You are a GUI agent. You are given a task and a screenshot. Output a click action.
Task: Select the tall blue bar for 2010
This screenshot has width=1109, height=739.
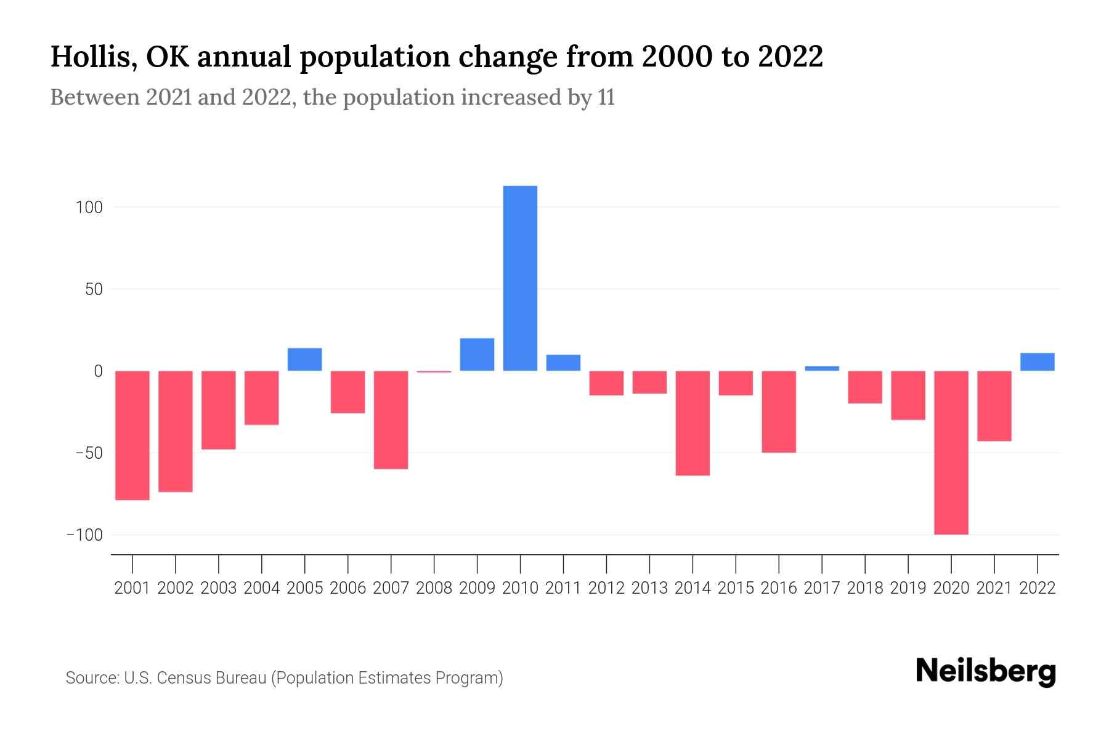520,278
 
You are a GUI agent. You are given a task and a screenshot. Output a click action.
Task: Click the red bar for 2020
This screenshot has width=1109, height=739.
951,453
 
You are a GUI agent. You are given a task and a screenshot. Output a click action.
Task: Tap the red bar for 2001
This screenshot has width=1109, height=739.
132,435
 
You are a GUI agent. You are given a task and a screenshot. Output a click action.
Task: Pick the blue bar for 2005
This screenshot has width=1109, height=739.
304,360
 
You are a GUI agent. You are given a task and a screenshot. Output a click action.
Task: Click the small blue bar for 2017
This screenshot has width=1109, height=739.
821,368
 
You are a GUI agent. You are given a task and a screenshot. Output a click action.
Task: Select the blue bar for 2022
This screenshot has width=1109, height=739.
1037,362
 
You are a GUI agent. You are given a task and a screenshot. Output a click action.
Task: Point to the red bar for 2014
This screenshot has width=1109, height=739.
693,423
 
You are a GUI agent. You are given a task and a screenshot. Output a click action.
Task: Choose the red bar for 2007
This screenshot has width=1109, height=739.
391,420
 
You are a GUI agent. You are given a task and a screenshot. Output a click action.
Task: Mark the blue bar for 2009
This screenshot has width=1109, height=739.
477,355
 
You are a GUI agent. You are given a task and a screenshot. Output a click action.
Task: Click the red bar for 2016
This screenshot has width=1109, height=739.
779,412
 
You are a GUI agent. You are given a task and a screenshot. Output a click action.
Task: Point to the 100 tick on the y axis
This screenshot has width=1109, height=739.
89,208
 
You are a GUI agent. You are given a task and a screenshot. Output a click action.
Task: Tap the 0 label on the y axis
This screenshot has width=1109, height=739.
98,371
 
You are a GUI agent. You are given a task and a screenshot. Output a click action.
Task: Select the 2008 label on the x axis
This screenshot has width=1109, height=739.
434,588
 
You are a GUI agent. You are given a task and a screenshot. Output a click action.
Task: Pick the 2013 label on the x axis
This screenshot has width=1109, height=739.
649,588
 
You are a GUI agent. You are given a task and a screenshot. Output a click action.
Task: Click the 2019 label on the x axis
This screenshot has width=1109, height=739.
908,588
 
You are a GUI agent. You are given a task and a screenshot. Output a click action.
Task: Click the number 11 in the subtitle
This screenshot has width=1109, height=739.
606,98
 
